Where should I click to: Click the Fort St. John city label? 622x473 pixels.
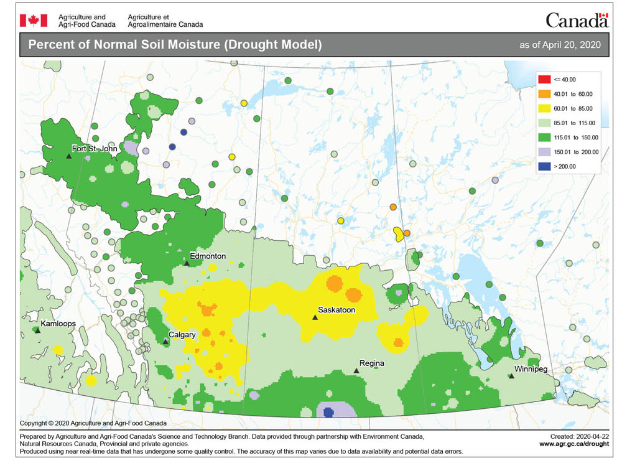(x=95, y=149)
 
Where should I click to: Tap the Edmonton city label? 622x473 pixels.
(x=208, y=256)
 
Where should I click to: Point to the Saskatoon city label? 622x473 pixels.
(x=336, y=309)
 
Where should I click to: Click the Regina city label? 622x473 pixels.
(x=371, y=363)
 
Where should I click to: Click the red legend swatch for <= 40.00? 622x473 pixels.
(x=543, y=80)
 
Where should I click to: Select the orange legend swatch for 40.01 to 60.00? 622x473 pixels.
(x=543, y=94)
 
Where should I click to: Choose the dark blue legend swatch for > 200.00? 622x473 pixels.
(x=543, y=166)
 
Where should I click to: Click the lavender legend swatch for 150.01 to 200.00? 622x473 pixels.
(x=543, y=152)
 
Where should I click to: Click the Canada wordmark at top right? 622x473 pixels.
(x=577, y=21)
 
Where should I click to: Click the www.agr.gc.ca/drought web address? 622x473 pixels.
(x=573, y=444)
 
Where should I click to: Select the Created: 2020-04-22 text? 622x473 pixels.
(x=576, y=436)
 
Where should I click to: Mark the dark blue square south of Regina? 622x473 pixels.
(x=329, y=411)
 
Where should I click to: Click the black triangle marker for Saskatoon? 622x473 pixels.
(x=315, y=317)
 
